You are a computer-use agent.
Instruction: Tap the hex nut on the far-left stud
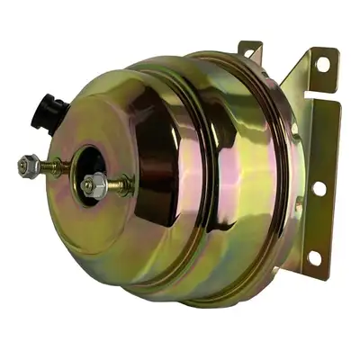[27, 166]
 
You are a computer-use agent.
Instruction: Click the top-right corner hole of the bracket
[322, 64]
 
